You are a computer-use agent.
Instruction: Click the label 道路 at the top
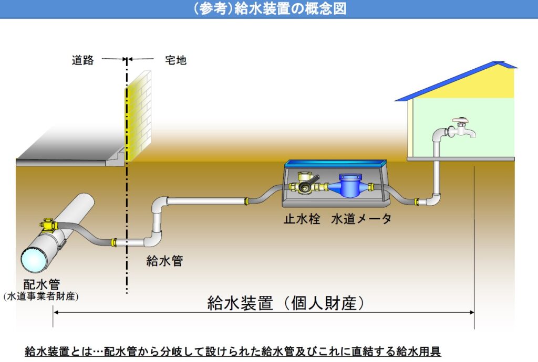tap(82, 60)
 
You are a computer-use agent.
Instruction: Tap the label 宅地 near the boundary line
tap(175, 60)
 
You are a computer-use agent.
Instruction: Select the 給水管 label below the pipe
tap(164, 261)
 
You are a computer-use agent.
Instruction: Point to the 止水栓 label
tap(302, 219)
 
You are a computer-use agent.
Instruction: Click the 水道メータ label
tap(361, 219)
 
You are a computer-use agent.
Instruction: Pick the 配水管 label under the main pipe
tap(42, 284)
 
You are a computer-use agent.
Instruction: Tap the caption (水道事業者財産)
tap(41, 296)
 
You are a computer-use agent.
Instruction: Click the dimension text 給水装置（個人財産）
tap(285, 303)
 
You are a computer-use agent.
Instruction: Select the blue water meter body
tap(349, 185)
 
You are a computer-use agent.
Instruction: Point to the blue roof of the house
tap(457, 81)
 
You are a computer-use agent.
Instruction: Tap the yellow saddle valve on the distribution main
tap(48, 226)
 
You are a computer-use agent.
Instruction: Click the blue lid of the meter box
tap(336, 163)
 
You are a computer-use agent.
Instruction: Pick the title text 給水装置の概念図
tap(291, 9)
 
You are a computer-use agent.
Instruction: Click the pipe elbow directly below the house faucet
tap(434, 199)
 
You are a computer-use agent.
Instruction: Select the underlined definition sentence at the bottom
tap(233, 351)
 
